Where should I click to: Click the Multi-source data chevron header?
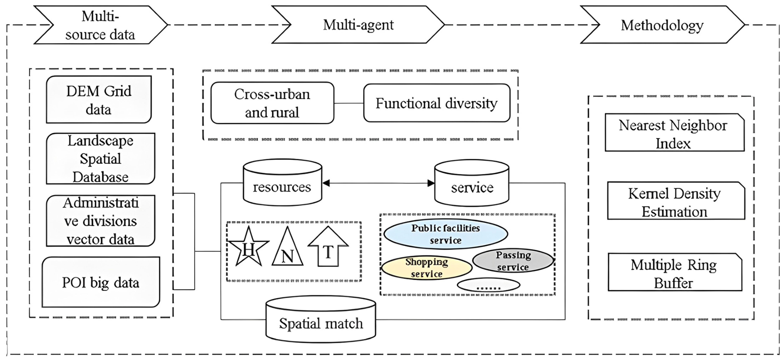tap(100, 25)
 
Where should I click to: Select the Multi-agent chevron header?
tap(358, 25)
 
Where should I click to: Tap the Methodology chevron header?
tap(662, 25)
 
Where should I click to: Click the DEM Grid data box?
tap(99, 100)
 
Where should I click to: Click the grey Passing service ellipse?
tap(513, 261)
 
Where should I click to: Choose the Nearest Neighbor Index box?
tap(674, 133)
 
